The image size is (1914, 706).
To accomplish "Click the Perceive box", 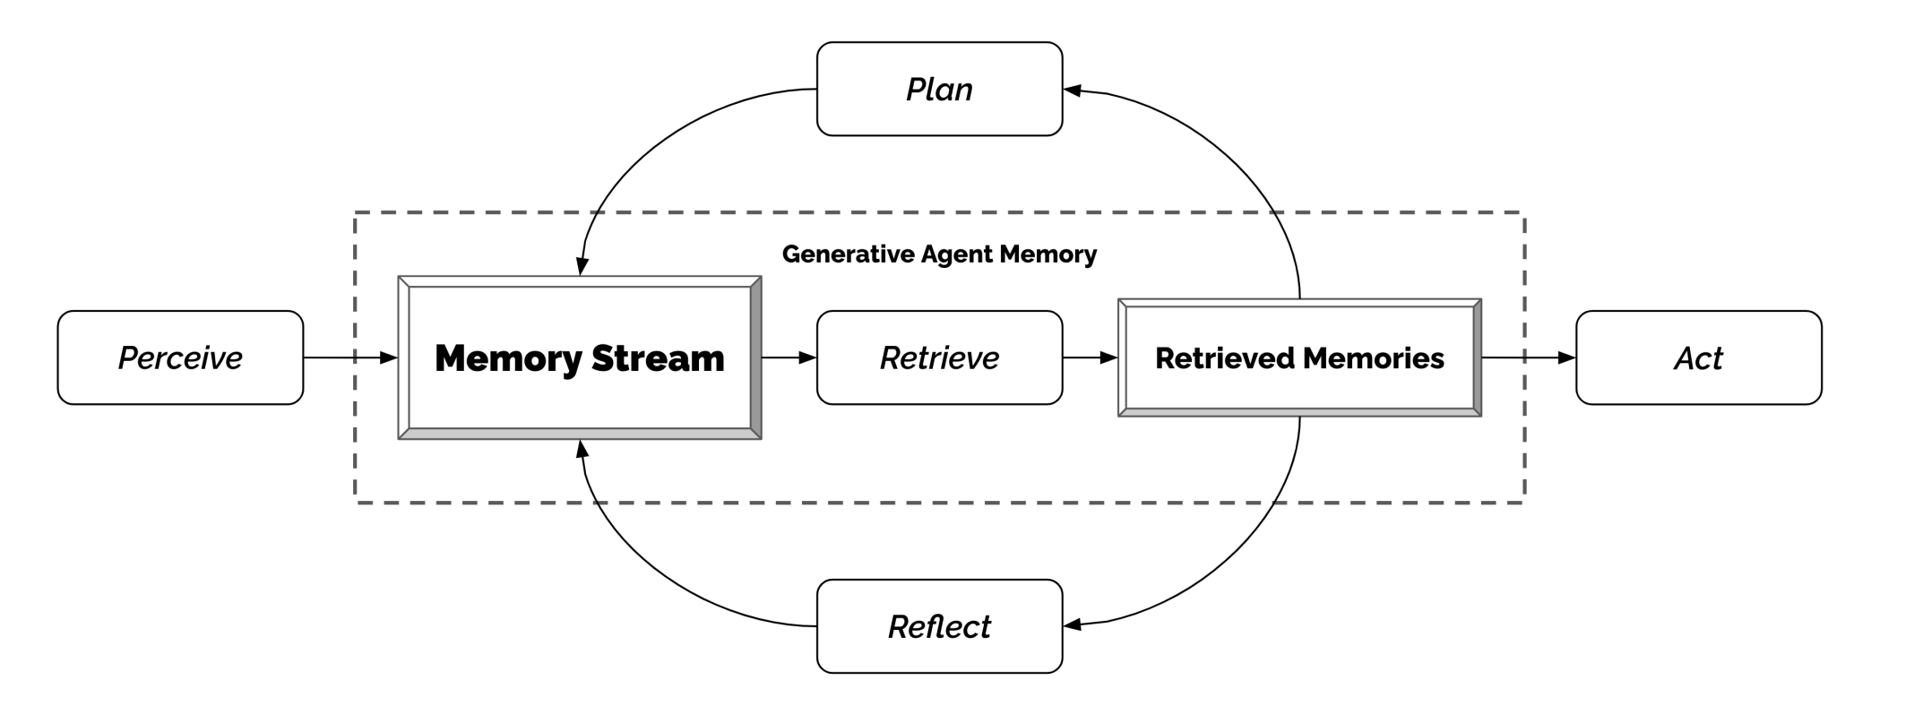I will tap(180, 357).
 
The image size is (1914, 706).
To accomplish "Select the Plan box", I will tap(939, 89).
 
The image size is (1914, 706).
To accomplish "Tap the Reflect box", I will tap(939, 626).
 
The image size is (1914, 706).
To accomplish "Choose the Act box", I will tap(1698, 357).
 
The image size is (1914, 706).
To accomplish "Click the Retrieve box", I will tap(939, 357).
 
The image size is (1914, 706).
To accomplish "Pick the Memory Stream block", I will tap(579, 357).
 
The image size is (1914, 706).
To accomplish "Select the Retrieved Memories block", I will tap(1299, 357).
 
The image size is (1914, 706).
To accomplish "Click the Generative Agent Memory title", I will tap(939, 254).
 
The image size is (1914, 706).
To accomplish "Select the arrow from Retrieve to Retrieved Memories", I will tap(1088, 357).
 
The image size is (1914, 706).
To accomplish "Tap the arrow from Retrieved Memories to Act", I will tap(1527, 357).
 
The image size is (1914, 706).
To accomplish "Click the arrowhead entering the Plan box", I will tap(1073, 90).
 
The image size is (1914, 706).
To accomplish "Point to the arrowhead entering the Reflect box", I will tap(1073, 624).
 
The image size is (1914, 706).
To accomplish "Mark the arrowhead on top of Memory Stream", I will tap(582, 266).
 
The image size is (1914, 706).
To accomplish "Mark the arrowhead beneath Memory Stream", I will tap(582, 449).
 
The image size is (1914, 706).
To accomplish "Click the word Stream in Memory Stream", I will tap(657, 357).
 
